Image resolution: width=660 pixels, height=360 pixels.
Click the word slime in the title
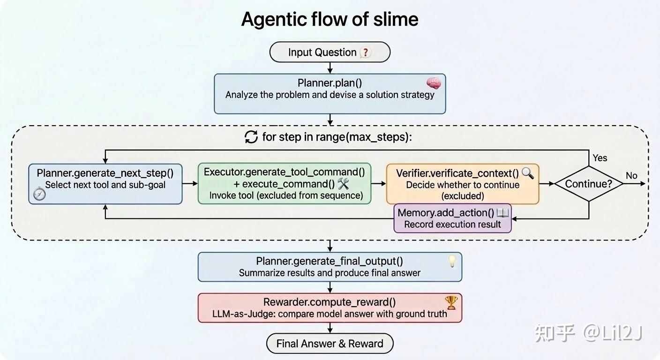[396, 19]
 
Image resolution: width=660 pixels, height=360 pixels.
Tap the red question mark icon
[365, 52]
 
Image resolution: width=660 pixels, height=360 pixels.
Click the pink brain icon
[434, 83]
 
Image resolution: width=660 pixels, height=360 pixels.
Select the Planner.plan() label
[330, 83]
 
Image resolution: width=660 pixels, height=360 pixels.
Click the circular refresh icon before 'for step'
[251, 137]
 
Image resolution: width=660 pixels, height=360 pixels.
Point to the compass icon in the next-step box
[39, 194]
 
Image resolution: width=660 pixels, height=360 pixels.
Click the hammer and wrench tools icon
[344, 184]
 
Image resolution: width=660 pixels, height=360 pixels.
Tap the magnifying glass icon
[528, 173]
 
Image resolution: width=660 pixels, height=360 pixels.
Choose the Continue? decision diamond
[589, 184]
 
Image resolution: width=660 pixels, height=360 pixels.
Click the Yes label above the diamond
[600, 158]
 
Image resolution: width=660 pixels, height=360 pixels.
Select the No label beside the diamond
[631, 176]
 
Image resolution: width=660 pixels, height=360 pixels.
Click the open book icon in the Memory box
[502, 213]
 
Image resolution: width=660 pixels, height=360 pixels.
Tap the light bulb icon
[452, 261]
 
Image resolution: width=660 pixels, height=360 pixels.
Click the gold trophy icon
[451, 303]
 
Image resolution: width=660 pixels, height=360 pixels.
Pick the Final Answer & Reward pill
[330, 344]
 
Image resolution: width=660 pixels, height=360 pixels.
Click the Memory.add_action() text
[446, 213]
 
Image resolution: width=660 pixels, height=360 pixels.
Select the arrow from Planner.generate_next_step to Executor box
[190, 184]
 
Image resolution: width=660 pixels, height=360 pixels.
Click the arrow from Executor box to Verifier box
[379, 184]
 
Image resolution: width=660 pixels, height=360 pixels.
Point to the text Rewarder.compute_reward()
[330, 302]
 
